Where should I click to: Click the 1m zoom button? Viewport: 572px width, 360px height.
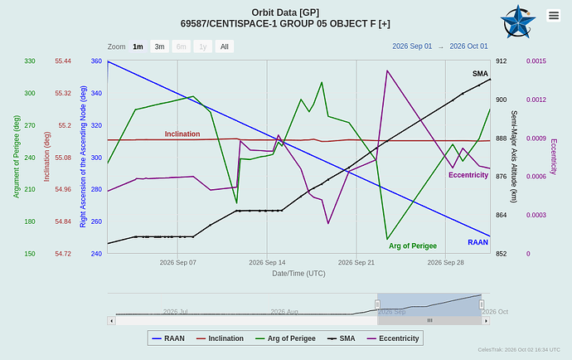138,46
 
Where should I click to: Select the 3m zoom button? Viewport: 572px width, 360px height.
159,46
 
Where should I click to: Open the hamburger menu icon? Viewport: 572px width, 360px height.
554,15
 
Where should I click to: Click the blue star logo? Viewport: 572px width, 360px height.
518,22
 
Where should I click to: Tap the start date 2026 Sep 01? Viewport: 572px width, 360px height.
412,46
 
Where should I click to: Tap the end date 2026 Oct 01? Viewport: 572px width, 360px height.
468,46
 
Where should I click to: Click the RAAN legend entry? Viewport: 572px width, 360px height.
168,338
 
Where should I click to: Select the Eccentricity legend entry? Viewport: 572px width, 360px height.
393,338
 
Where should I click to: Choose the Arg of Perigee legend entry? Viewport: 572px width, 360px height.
285,338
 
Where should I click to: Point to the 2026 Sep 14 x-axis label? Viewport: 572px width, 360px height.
268,262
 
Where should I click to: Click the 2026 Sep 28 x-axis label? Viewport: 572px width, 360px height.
445,262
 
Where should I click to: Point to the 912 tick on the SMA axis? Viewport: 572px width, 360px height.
502,61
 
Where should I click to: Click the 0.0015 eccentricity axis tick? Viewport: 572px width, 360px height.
536,61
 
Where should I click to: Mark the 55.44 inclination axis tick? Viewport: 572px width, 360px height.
63,61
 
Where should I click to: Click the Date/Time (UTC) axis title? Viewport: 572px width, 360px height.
298,274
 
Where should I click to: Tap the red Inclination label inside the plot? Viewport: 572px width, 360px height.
182,134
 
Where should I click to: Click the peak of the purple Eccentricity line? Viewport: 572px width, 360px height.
387,71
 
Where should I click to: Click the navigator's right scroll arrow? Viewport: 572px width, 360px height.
486,320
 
